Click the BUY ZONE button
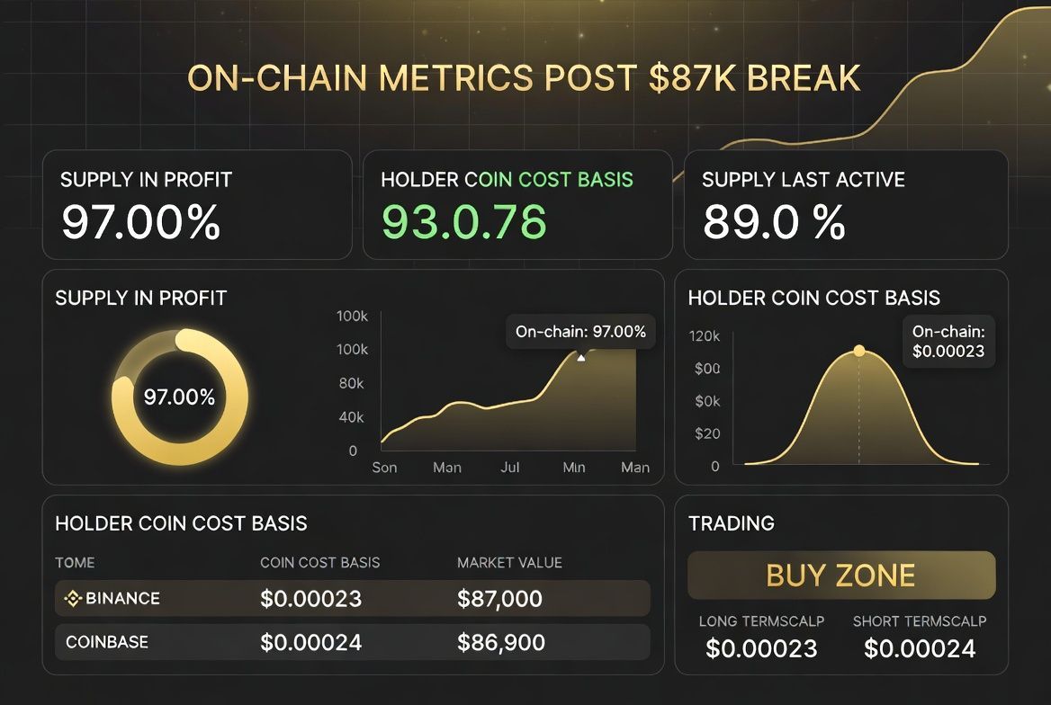(x=841, y=576)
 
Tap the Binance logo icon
(x=73, y=598)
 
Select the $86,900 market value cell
(x=499, y=642)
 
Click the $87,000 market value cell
(x=499, y=598)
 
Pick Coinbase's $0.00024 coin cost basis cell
(x=310, y=642)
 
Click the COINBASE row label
(x=107, y=642)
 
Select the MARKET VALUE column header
(x=509, y=563)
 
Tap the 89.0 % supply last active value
(x=774, y=222)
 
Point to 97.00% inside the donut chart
(x=179, y=397)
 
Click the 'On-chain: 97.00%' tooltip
(x=580, y=331)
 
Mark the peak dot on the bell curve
(x=858, y=351)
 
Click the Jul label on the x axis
(x=510, y=468)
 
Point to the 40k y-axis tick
(x=350, y=417)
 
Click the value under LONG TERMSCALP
(x=761, y=648)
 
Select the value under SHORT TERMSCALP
(x=920, y=648)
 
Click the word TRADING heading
(x=731, y=523)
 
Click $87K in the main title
(x=688, y=78)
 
